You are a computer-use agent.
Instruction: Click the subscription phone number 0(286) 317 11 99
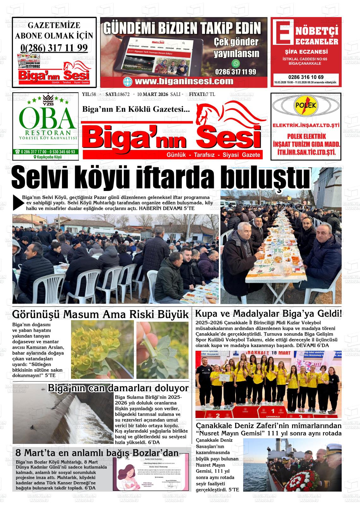[x=54, y=48]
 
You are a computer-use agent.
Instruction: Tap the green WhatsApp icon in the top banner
[x=236, y=63]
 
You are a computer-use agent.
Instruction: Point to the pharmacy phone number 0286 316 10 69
[x=306, y=77]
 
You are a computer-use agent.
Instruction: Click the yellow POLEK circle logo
[x=306, y=105]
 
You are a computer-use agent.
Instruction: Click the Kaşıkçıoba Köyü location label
[x=47, y=157]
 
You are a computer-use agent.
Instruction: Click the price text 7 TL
[x=210, y=94]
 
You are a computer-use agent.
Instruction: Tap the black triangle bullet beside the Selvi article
[x=18, y=202]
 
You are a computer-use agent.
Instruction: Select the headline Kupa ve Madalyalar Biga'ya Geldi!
[x=268, y=314]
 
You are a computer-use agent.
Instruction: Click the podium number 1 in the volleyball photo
[x=273, y=411]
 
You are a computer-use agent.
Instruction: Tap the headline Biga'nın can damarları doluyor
[x=118, y=388]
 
